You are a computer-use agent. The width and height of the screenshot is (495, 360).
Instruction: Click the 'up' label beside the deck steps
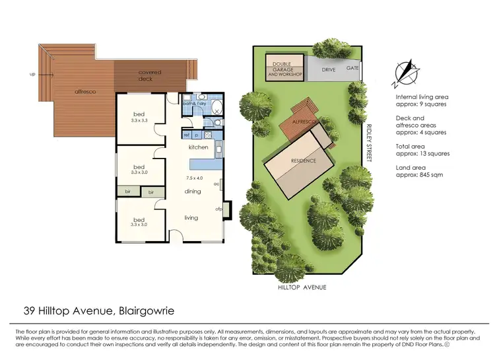point(33,74)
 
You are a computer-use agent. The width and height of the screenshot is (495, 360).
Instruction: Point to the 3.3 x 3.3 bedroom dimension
point(139,121)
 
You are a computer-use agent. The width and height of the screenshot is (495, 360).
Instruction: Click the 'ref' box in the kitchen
point(187,135)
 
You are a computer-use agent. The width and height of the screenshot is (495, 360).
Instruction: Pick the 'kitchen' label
point(199,147)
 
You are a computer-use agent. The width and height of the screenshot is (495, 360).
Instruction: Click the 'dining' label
point(193,192)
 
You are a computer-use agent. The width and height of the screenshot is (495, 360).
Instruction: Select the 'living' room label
point(191,217)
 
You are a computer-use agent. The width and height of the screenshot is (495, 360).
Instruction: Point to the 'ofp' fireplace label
point(218,209)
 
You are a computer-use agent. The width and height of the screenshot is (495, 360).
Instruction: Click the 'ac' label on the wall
point(216,184)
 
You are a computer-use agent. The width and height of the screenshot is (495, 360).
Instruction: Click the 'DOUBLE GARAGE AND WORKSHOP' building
point(285,69)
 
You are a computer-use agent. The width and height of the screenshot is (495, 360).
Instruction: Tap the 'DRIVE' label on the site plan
point(329,69)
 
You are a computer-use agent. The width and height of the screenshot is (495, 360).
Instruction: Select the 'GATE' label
point(352,68)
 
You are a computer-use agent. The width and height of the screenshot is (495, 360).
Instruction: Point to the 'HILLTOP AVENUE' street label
point(302,287)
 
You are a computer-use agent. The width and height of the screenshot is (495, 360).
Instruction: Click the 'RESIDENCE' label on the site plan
point(299,161)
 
